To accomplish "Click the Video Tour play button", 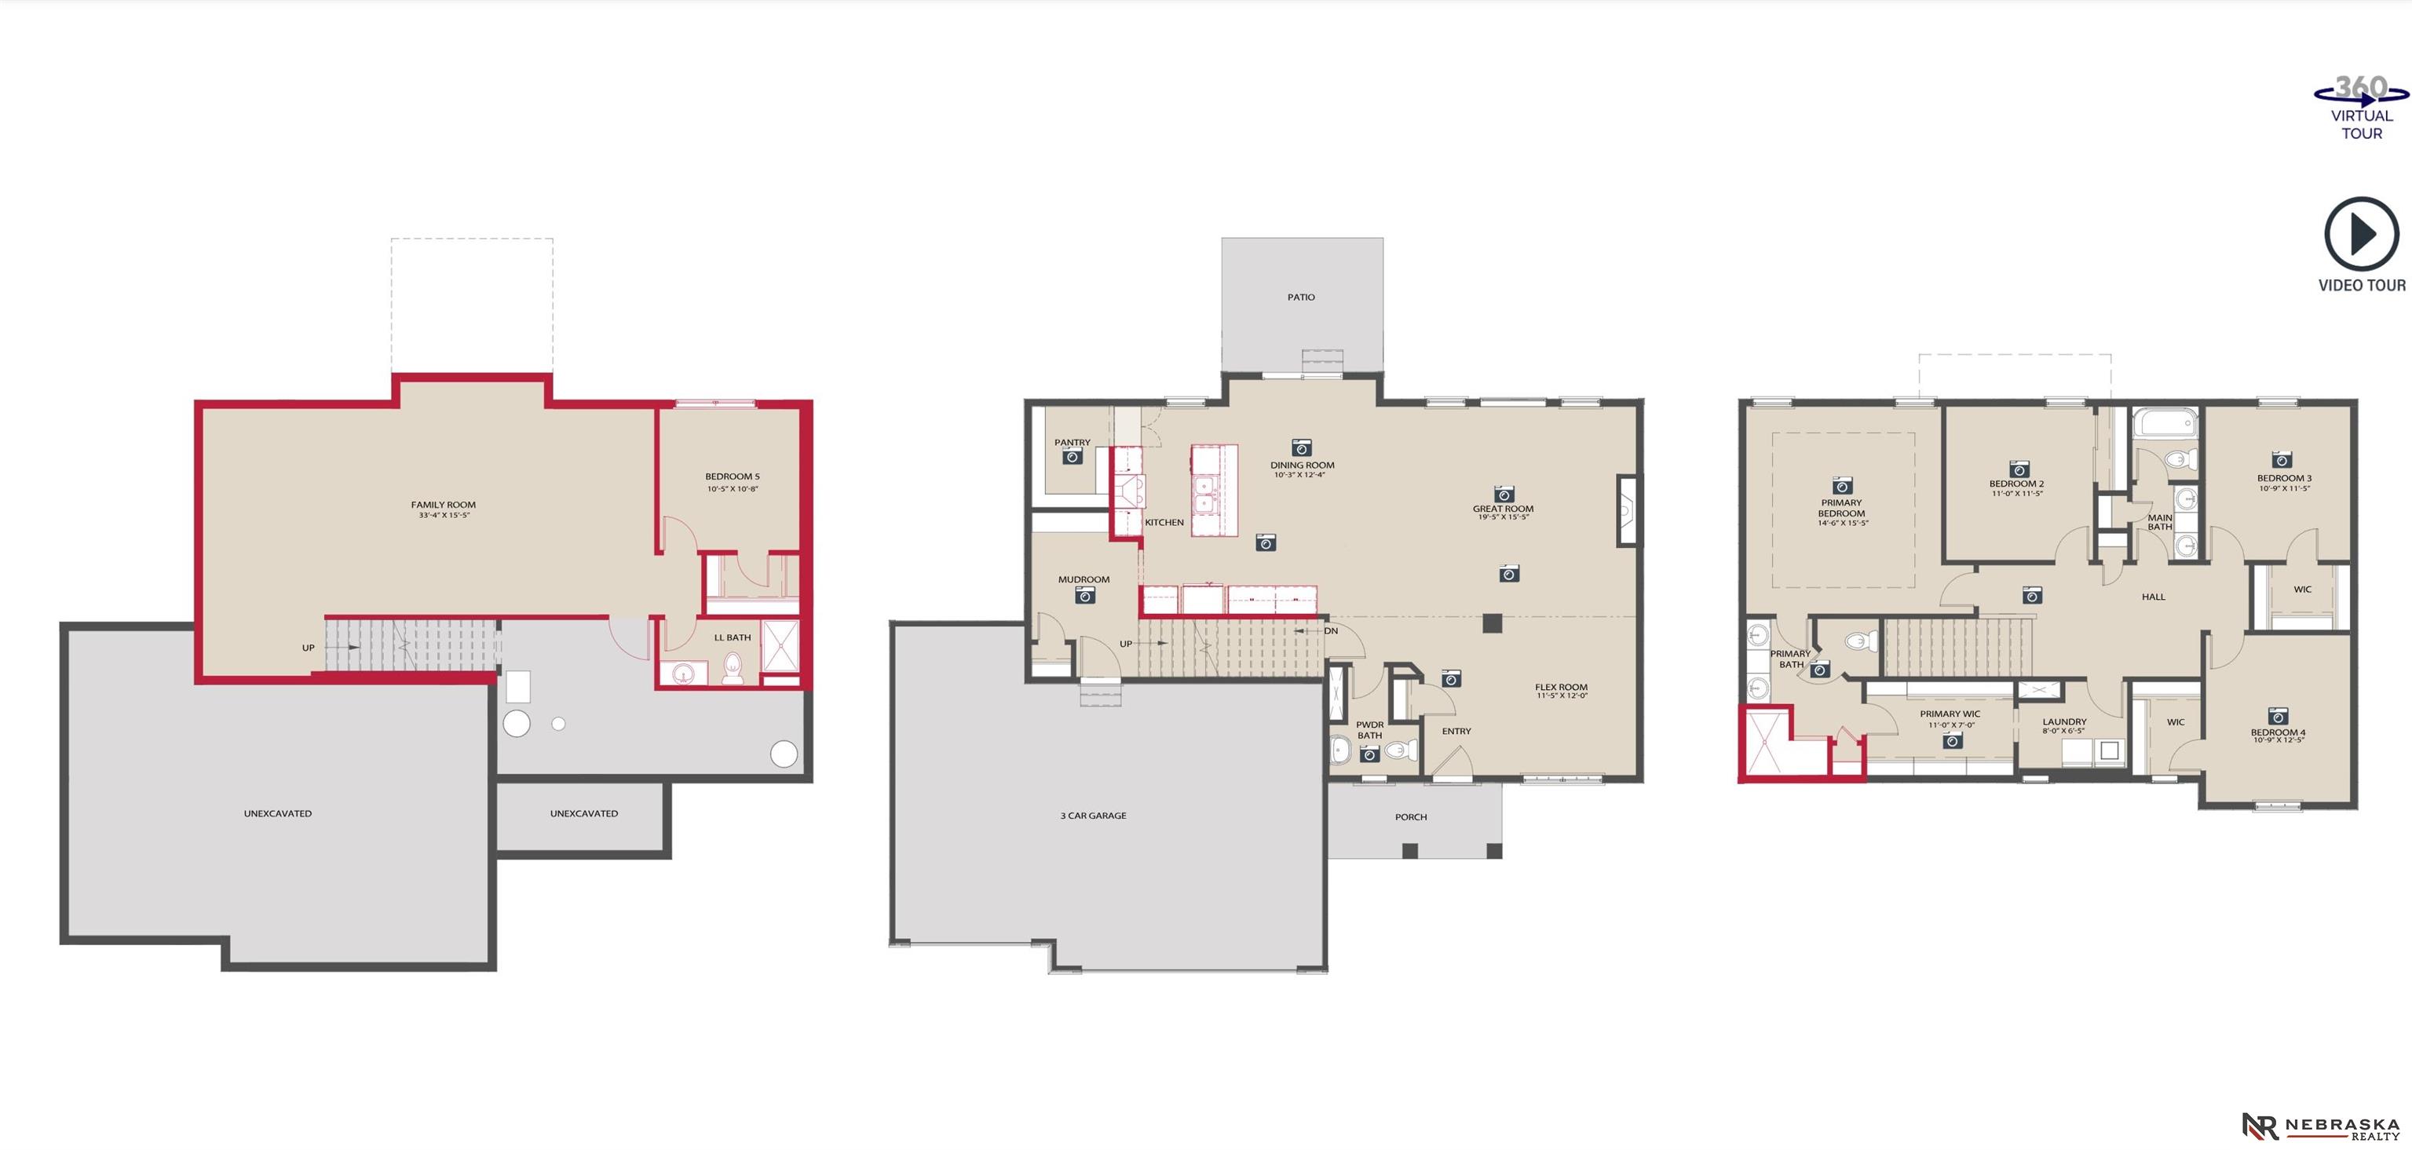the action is tap(2362, 234).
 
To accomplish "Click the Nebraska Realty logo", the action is tap(2320, 1126).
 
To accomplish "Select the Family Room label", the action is tap(443, 505).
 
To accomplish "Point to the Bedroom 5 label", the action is tap(733, 476).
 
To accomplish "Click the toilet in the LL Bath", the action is tap(733, 668).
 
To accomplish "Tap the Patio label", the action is tap(1300, 297).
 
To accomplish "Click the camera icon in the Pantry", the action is tap(1072, 456).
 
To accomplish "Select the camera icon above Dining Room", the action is tap(1300, 447).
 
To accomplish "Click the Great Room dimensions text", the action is tap(1503, 517).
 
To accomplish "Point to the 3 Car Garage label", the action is tap(1093, 816).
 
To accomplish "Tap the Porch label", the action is tap(1411, 816).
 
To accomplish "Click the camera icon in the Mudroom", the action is tap(1085, 595).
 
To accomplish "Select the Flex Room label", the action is tap(1561, 688).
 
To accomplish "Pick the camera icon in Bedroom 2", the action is tap(2019, 468).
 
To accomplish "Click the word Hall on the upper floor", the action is tap(2153, 597).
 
